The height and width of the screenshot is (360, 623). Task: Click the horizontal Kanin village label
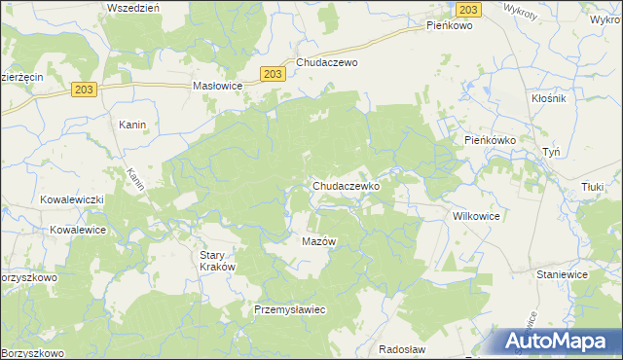pos(132,125)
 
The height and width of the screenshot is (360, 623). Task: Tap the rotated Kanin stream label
pos(134,180)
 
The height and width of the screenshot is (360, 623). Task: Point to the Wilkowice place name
pos(476,217)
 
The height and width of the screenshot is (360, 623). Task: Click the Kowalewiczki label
pos(71,198)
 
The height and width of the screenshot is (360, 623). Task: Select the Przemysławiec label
pos(288,308)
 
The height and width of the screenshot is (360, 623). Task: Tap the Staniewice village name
pos(560,275)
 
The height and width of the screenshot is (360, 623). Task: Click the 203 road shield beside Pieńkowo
pos(468,9)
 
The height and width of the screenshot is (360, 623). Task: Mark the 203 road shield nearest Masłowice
pos(274,73)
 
